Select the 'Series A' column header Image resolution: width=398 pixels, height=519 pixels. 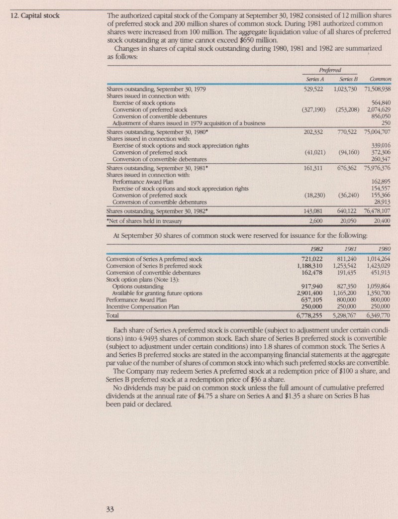pyautogui.click(x=314, y=79)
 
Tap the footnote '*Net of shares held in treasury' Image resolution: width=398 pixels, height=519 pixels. pyautogui.click(x=144, y=220)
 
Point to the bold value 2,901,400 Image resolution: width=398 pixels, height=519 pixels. pyautogui.click(x=309, y=294)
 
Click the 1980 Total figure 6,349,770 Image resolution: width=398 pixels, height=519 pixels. pyautogui.click(x=378, y=315)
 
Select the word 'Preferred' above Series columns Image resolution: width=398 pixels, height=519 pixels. pyautogui.click(x=329, y=70)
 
